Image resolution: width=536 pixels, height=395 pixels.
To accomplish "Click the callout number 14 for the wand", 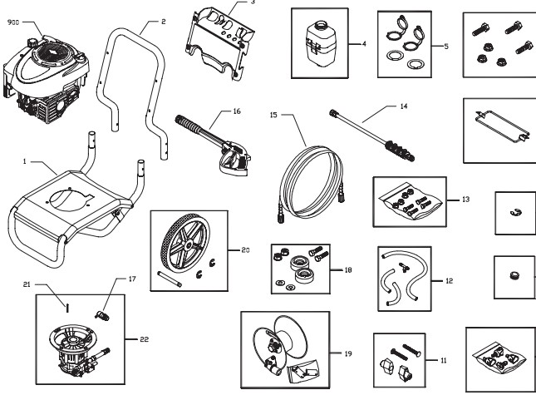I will [405, 107].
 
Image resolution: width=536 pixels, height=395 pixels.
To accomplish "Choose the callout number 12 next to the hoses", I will [449, 281].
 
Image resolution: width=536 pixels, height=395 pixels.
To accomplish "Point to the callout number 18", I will [347, 270].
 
